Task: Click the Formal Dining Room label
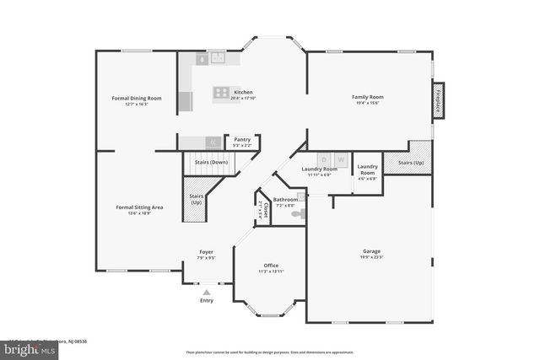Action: [137, 98]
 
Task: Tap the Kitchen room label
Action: [243, 92]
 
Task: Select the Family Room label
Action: [367, 97]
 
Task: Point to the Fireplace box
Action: [439, 98]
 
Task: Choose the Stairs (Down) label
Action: [212, 162]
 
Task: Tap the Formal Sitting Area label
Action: [139, 207]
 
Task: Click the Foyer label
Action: [206, 252]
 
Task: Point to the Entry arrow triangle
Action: [206, 292]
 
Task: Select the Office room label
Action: [270, 266]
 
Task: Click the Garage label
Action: [371, 251]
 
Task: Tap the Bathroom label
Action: [284, 199]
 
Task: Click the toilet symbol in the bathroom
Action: [296, 214]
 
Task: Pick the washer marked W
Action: [341, 159]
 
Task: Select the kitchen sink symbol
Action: [218, 58]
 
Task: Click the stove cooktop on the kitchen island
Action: [221, 93]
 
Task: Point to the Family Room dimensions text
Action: [367, 103]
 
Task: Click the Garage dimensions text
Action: [371, 257]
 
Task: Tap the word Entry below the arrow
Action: [206, 300]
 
